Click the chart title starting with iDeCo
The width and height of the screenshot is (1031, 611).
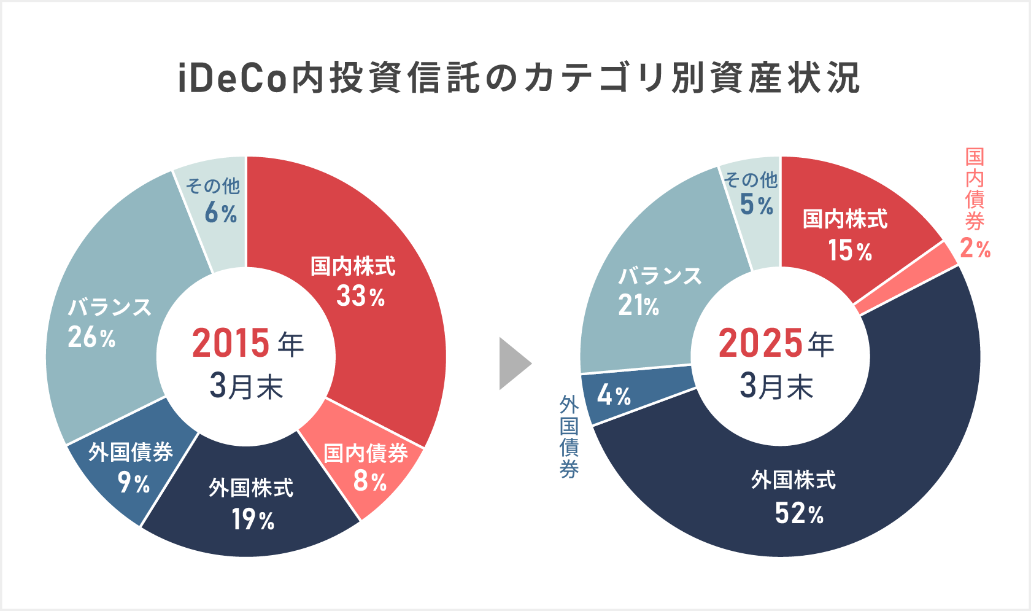click(x=519, y=79)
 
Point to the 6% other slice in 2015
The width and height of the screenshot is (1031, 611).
click(x=215, y=203)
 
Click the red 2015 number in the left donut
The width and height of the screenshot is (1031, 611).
click(x=231, y=343)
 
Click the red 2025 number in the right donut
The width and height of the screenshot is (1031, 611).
click(x=760, y=343)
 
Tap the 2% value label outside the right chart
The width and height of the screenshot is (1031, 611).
click(x=975, y=249)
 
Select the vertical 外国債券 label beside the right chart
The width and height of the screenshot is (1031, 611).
click(x=569, y=437)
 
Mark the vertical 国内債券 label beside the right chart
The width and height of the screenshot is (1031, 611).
click(x=975, y=188)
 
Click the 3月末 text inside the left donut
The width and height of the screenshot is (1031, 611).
click(x=246, y=386)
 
